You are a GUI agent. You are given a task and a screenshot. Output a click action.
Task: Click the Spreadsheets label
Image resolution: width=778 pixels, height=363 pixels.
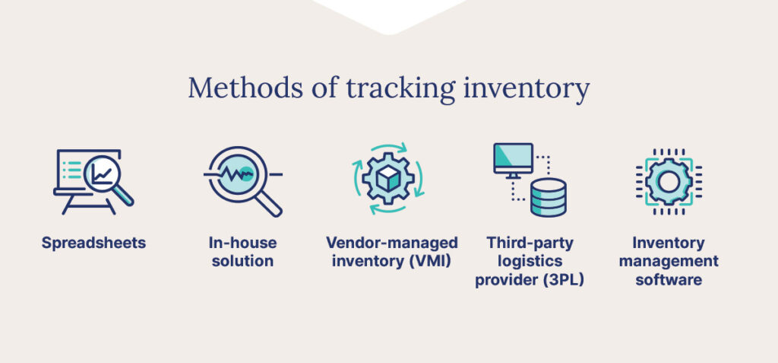click(93, 244)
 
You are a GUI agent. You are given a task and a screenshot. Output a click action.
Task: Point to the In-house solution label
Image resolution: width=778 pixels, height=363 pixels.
click(242, 252)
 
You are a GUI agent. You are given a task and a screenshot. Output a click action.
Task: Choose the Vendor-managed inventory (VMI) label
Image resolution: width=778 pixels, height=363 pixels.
click(391, 252)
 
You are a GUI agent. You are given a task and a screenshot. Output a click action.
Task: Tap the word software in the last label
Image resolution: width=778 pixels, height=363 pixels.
click(669, 280)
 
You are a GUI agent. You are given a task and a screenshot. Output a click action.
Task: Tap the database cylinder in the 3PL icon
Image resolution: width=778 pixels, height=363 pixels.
click(549, 197)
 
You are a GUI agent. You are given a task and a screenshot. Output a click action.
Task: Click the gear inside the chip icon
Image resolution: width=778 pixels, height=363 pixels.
click(669, 181)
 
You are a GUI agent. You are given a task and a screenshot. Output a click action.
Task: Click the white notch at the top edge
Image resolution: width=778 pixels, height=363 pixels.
click(389, 15)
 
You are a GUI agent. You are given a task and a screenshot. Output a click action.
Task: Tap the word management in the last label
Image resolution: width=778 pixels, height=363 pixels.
click(669, 262)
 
